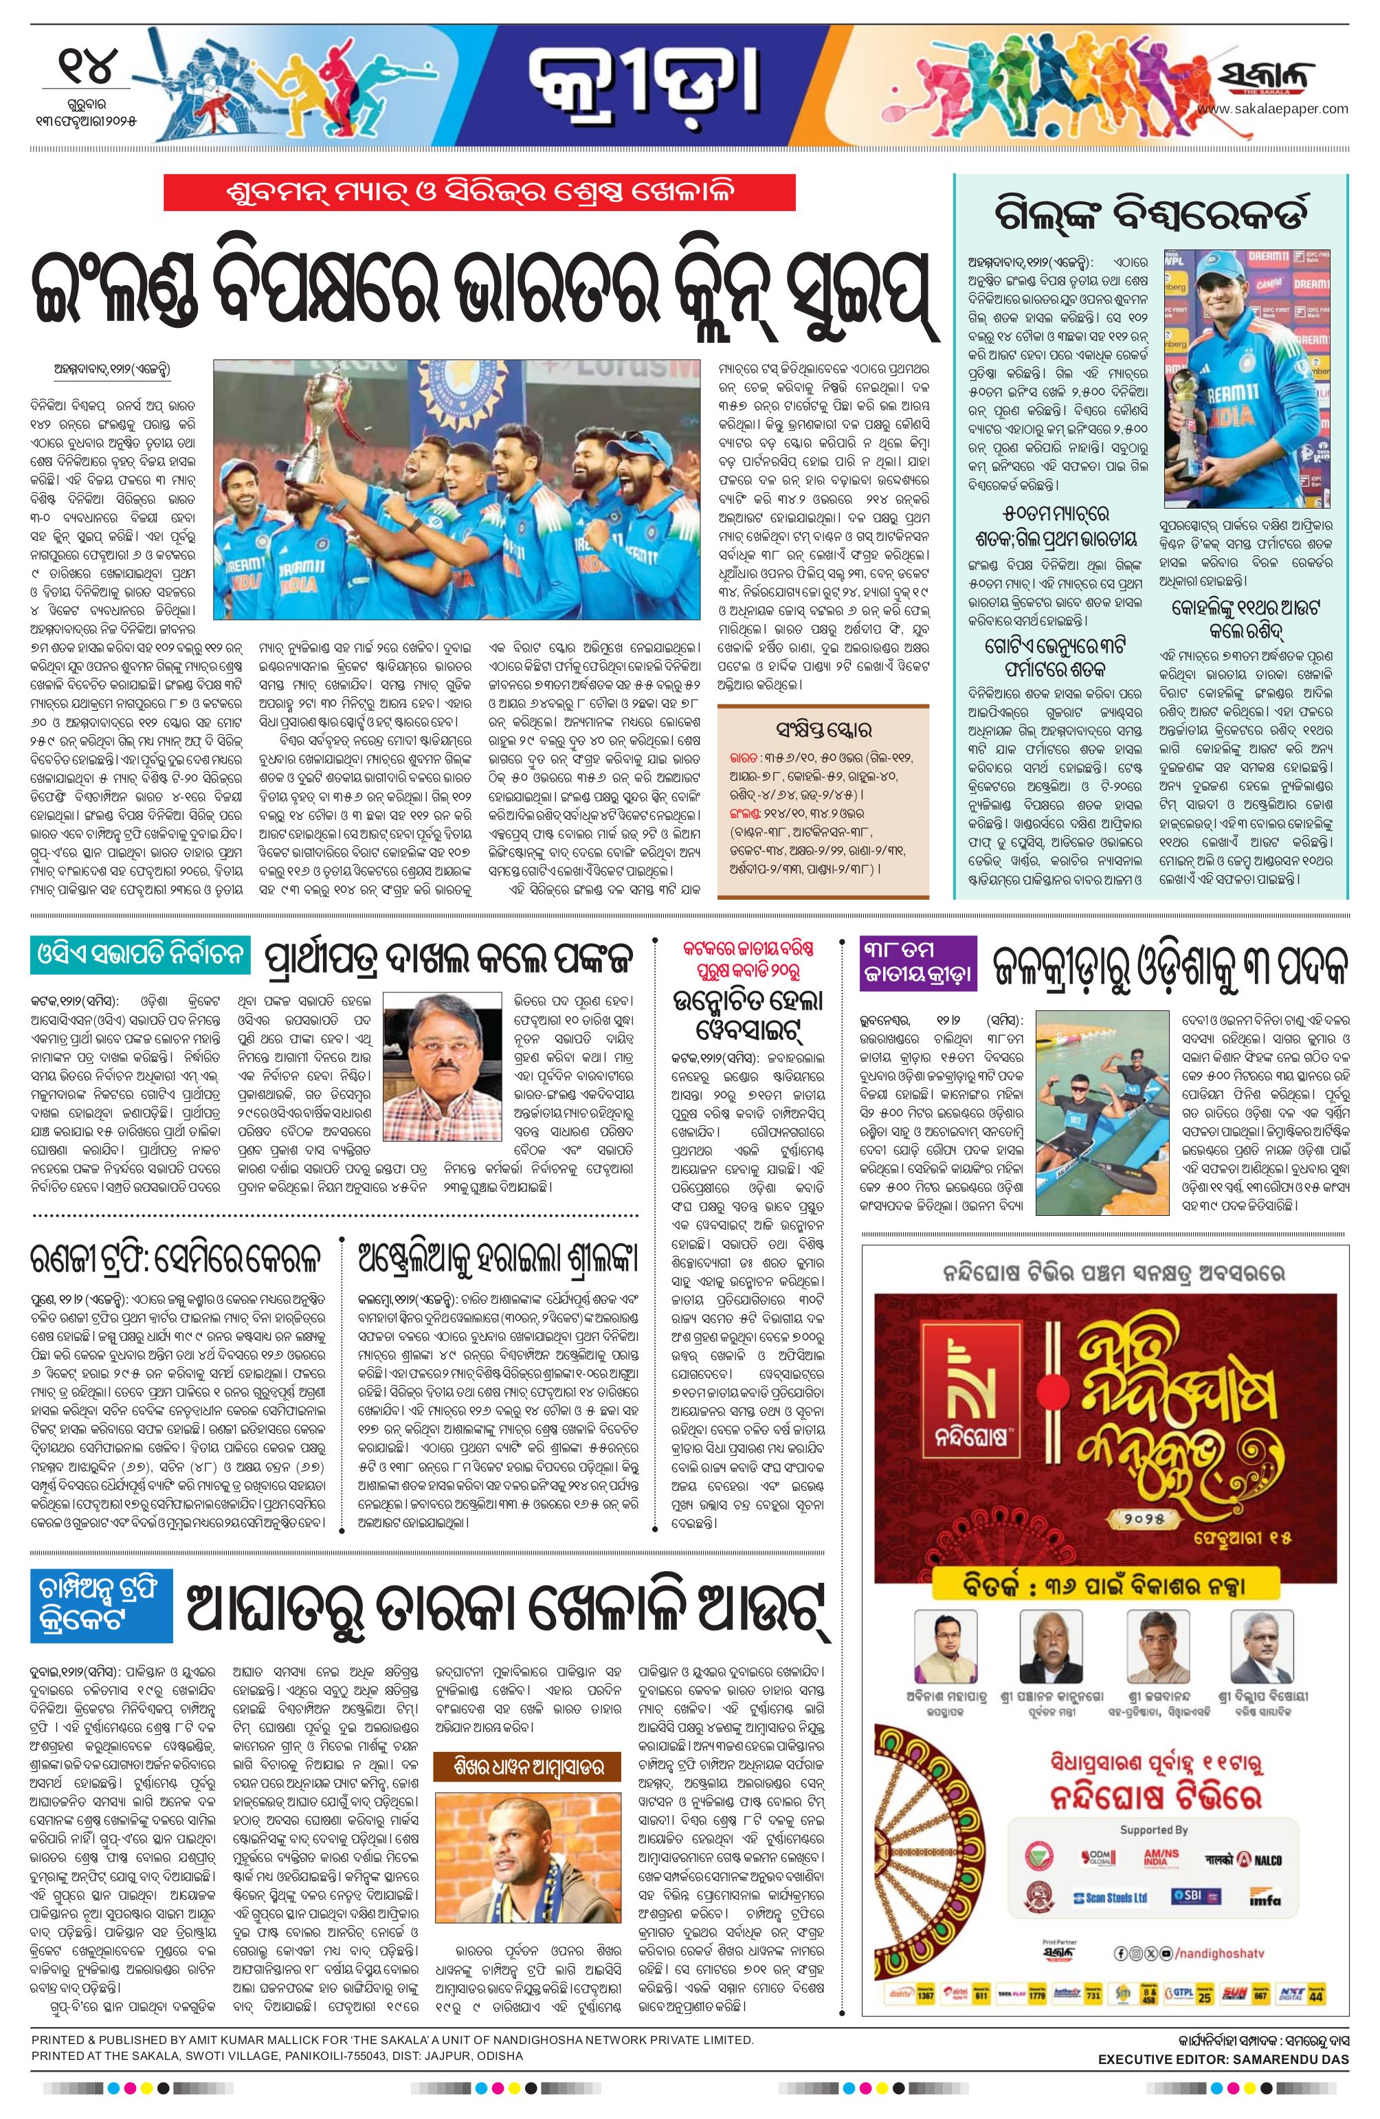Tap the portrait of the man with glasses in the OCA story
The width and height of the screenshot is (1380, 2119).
438,1056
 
